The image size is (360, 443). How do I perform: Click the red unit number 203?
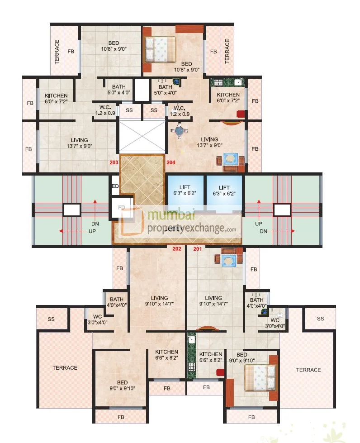click(x=114, y=162)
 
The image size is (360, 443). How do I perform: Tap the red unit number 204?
click(x=171, y=162)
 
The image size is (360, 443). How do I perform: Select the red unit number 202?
click(x=177, y=248)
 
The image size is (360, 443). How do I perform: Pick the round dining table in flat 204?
click(x=180, y=131)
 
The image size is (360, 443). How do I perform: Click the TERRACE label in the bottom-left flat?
click(x=65, y=368)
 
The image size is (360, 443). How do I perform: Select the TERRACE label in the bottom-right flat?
click(x=308, y=370)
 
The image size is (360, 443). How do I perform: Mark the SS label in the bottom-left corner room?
click(x=51, y=319)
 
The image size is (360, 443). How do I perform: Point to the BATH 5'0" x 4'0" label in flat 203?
click(x=118, y=89)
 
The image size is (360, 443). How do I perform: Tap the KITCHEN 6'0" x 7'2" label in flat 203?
click(x=56, y=99)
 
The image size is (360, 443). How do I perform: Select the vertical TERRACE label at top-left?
click(x=57, y=52)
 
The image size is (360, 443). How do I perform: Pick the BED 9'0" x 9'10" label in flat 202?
click(x=121, y=385)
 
